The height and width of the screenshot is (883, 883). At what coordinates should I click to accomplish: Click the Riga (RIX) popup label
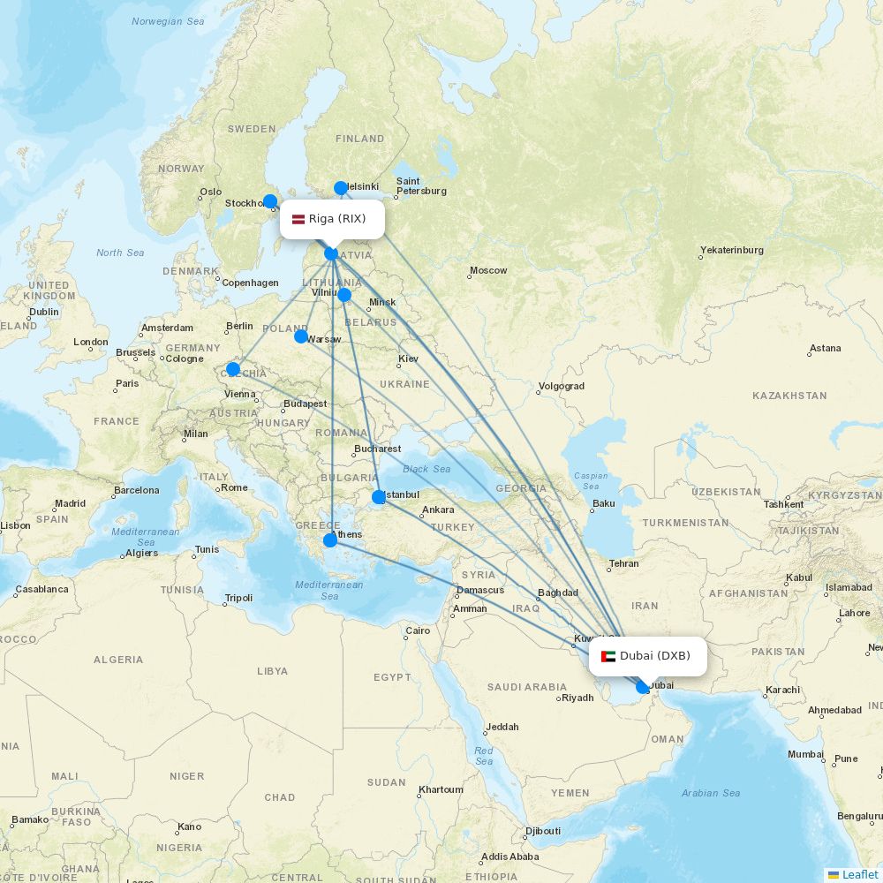click(333, 219)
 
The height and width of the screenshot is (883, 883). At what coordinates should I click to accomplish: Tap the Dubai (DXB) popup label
click(648, 656)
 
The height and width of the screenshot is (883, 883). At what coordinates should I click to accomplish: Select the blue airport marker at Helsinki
click(341, 188)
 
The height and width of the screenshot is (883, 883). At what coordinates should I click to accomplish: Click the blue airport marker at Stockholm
click(270, 201)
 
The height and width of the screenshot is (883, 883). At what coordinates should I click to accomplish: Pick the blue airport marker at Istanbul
click(379, 497)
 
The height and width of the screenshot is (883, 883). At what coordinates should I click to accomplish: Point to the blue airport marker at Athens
click(330, 540)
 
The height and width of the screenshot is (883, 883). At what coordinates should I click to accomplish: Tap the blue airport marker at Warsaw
click(301, 336)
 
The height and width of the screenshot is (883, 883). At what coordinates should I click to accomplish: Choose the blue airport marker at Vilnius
click(344, 295)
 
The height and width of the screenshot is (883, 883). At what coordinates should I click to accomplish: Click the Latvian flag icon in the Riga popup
click(298, 219)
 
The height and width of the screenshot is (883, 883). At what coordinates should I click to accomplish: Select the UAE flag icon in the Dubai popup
click(608, 656)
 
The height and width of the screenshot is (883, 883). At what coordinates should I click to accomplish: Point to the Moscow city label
click(488, 270)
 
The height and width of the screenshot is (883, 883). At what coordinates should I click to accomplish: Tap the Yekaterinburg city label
click(732, 250)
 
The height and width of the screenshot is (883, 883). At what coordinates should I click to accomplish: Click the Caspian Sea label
click(591, 480)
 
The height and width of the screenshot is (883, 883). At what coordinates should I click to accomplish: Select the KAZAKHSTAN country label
click(789, 396)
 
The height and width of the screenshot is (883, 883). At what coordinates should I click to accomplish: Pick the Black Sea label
click(426, 469)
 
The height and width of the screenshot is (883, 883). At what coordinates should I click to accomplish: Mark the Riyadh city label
click(577, 698)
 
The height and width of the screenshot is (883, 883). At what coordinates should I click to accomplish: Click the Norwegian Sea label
click(168, 21)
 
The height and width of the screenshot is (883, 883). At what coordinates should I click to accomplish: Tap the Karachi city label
click(782, 690)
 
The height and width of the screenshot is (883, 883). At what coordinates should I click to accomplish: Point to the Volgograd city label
click(561, 386)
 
